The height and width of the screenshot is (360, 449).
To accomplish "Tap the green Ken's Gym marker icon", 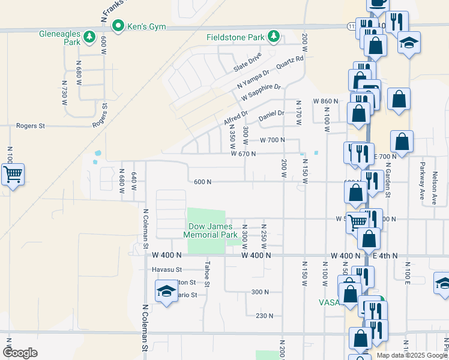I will click(x=118, y=26).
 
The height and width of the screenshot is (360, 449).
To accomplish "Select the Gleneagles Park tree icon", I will click(x=89, y=37).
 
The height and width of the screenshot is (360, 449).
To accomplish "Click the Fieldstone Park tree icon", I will click(x=274, y=37).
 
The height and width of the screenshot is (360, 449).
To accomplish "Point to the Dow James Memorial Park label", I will click(x=210, y=230).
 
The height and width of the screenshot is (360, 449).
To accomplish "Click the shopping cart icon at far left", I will click(x=13, y=175).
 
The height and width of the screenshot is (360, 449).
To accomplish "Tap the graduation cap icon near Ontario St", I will click(x=166, y=292).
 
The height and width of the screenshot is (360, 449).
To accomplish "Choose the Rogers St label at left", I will click(x=31, y=126).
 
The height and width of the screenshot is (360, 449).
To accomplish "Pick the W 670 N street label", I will click(x=244, y=154).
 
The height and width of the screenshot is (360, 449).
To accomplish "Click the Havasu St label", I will click(x=166, y=269).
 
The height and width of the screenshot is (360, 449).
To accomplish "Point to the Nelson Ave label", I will click(x=434, y=188).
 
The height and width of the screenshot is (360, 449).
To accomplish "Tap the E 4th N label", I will click(x=385, y=256).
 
